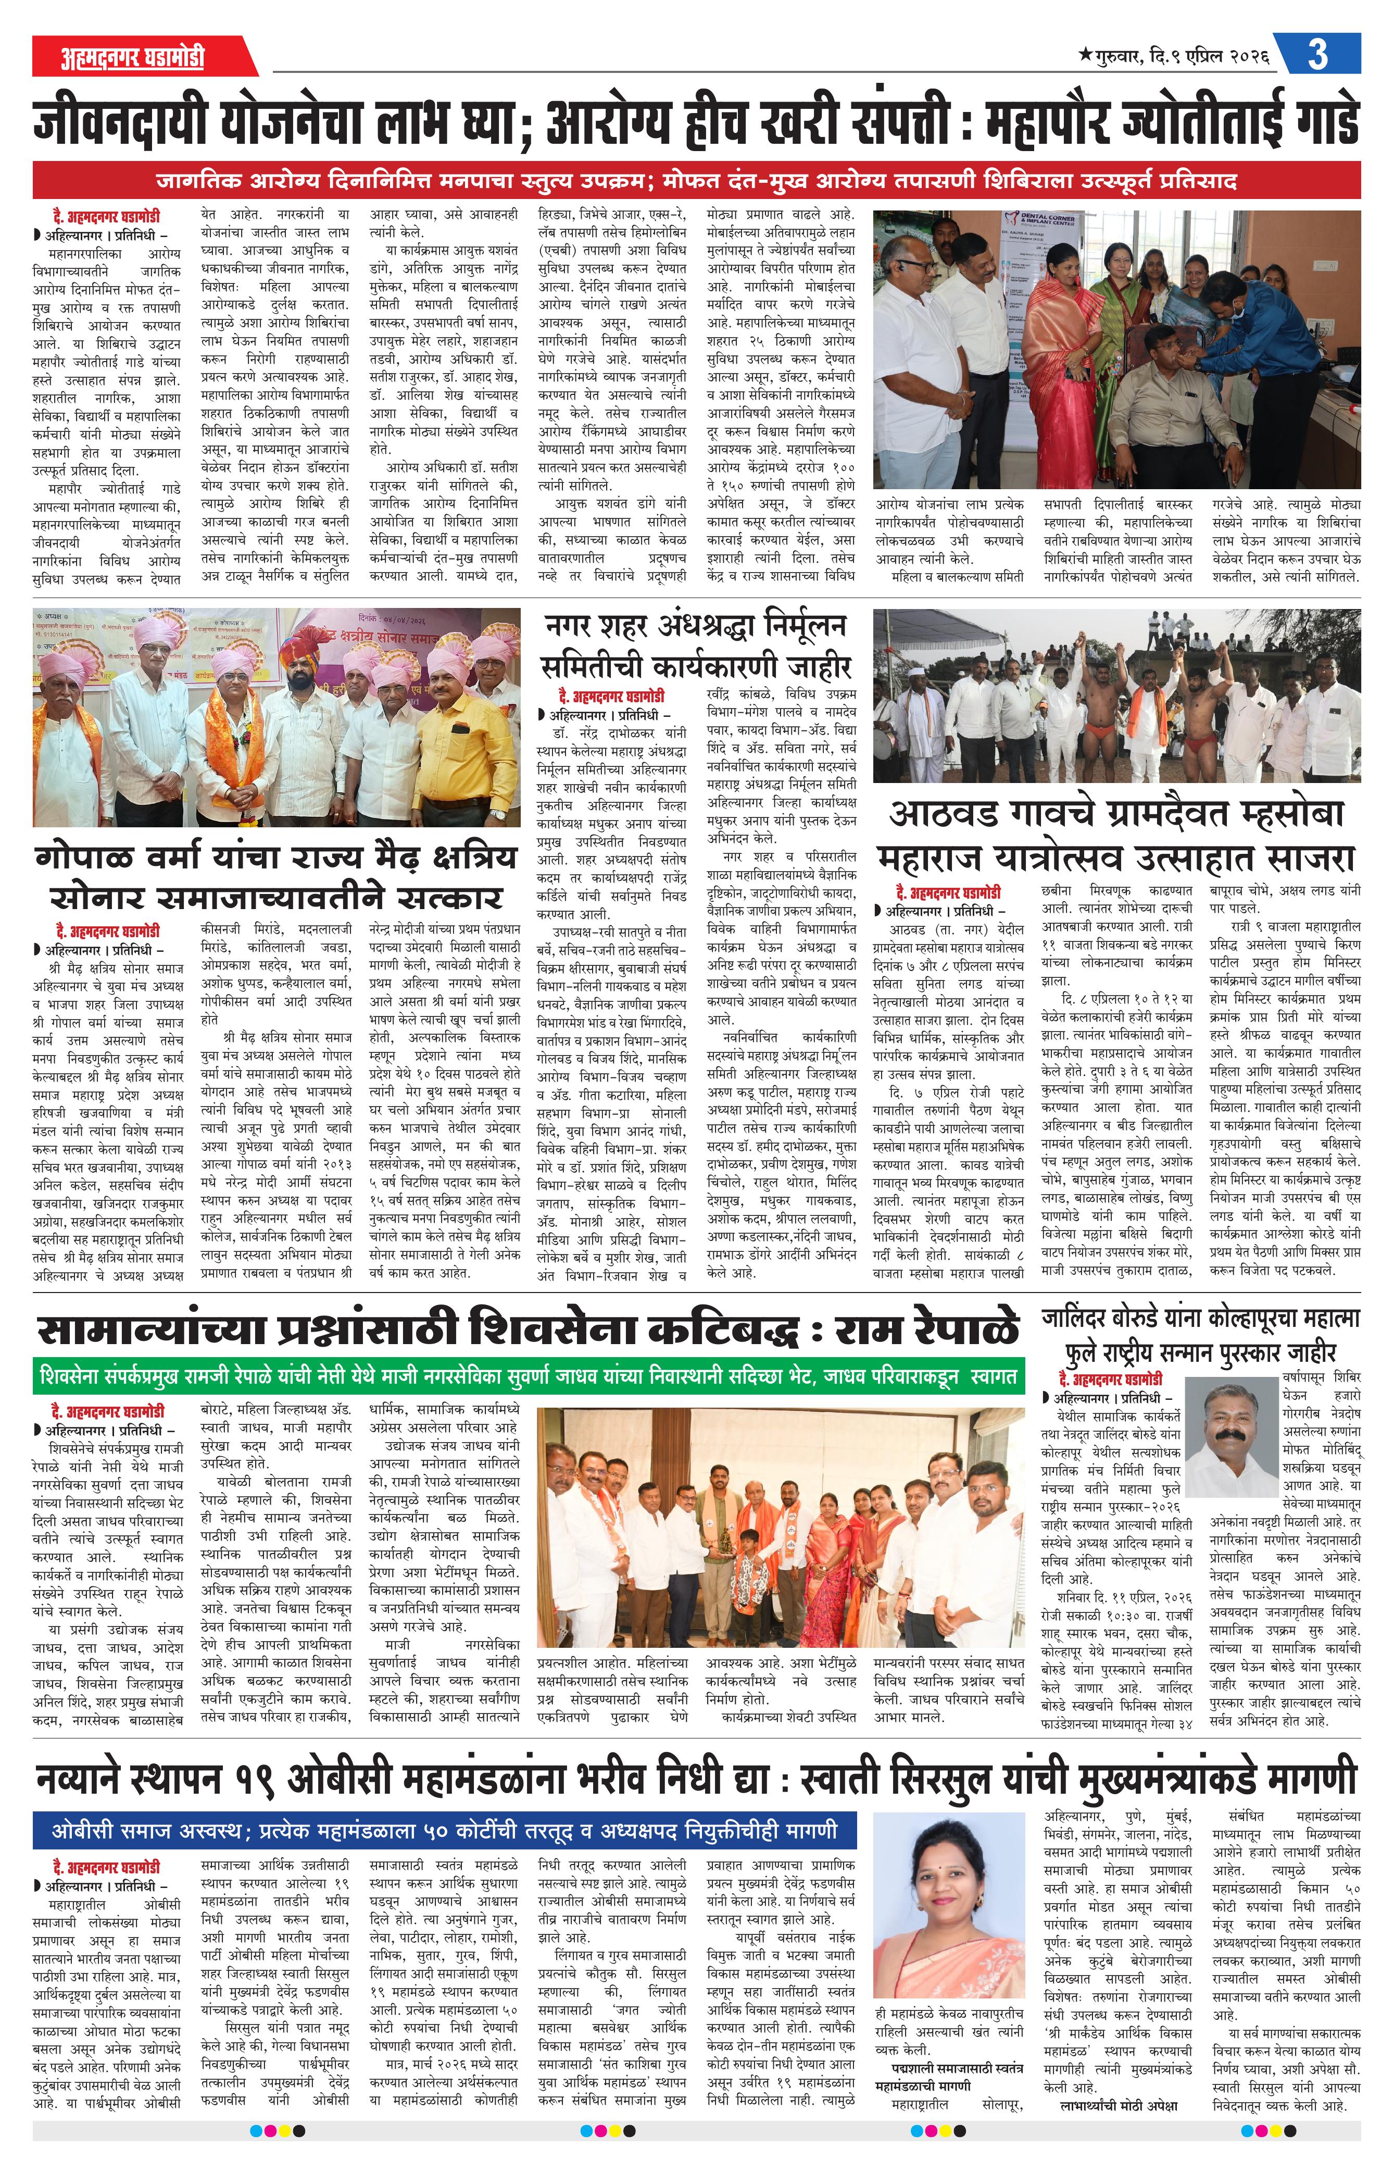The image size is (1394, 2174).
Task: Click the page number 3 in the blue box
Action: point(1317,54)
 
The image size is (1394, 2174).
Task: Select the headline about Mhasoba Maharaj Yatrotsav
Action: point(1116,834)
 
